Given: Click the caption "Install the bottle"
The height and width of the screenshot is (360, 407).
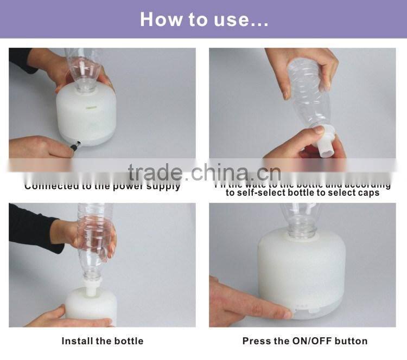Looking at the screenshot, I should pos(102,341).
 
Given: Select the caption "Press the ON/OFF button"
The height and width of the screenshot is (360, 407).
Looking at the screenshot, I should pos(304,341).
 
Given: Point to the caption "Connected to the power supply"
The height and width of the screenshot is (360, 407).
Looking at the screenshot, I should pos(102,186).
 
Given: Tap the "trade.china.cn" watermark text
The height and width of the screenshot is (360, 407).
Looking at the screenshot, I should pos(204,172).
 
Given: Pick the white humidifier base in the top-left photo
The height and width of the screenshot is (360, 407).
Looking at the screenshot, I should pos(87,117).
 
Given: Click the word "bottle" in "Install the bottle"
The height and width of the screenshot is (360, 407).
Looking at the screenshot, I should pos(128,341).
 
